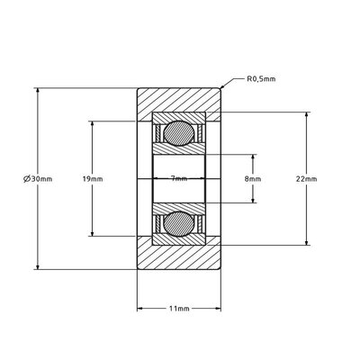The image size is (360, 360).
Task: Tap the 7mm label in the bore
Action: point(179,179)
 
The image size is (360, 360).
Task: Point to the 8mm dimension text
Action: point(253,179)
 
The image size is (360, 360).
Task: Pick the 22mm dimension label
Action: point(306,179)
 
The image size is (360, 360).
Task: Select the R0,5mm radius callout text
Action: point(261,79)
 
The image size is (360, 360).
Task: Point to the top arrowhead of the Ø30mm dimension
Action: point(37,91)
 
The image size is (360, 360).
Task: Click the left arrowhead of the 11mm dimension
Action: point(139,309)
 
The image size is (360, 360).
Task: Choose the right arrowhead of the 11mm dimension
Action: point(220,309)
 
